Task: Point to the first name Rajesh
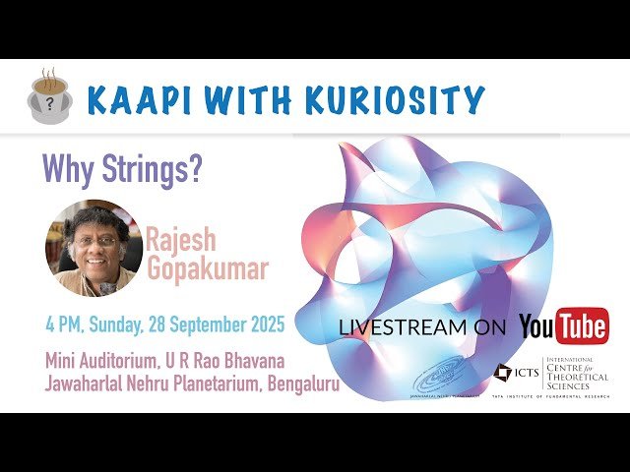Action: point(181,238)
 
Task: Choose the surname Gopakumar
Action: point(206,269)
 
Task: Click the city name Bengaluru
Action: point(303,384)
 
